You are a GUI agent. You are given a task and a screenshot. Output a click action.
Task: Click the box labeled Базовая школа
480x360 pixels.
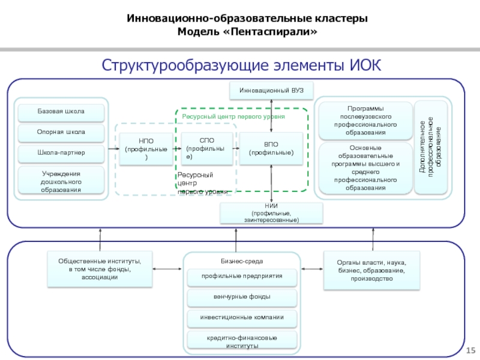coord(61,112)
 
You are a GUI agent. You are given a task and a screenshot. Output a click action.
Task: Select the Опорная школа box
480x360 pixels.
coord(61,132)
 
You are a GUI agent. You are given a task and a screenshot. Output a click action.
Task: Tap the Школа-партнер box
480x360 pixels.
coord(61,153)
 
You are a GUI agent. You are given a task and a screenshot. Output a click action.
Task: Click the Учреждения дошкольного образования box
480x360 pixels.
coord(61,181)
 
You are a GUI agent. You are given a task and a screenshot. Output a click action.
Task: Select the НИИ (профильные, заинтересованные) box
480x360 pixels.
coord(271,213)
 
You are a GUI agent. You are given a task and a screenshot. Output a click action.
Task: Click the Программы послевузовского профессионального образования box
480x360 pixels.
coord(365,120)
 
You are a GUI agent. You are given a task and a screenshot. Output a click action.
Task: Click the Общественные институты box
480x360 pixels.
coord(100,269)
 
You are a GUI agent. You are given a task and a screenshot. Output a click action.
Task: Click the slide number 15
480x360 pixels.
coord(470,350)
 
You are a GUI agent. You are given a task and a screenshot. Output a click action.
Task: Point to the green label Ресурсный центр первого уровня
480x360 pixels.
coord(233,116)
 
